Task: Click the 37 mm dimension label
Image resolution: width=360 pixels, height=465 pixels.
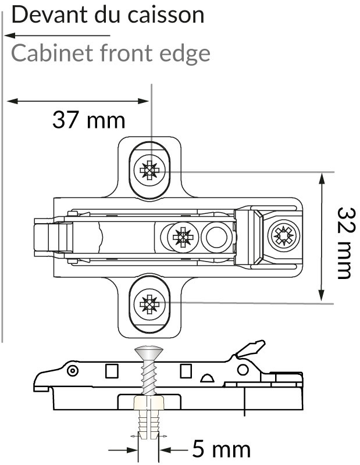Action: click(88, 120)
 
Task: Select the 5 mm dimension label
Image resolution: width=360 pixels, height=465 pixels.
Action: click(221, 449)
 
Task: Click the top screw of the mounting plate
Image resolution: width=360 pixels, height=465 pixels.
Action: click(150, 170)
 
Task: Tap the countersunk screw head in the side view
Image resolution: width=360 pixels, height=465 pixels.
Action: click(149, 350)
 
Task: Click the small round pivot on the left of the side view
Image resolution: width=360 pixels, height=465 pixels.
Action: click(72, 370)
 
